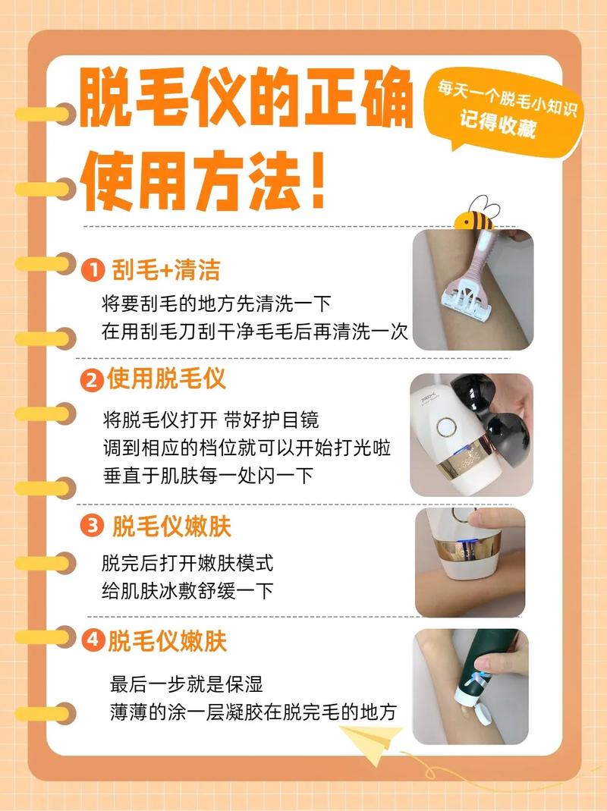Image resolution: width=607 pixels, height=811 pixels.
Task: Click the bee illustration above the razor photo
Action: point(475,213)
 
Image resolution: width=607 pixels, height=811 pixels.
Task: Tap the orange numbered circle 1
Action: point(92,270)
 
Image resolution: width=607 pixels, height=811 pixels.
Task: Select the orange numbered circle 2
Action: point(92,380)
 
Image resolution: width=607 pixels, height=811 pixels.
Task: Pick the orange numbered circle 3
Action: point(92,527)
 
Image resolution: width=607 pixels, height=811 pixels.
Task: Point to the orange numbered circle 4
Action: point(92,641)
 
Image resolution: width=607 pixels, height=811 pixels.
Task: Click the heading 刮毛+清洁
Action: point(166,269)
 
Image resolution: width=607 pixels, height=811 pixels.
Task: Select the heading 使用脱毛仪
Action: point(166,379)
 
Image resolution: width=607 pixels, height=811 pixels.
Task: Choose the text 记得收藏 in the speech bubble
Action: point(497,126)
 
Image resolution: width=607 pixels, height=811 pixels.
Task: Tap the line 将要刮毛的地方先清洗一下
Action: point(216,304)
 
